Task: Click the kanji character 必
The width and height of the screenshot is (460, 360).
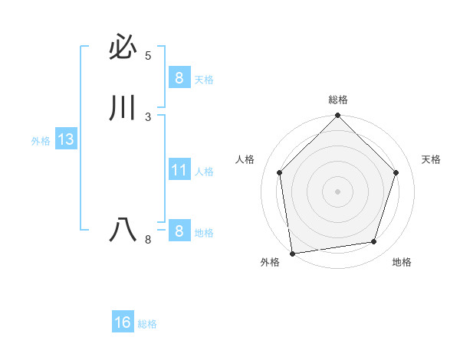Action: click(x=123, y=48)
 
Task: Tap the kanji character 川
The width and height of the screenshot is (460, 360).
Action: click(x=123, y=109)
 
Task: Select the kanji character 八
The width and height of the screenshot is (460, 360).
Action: click(x=123, y=230)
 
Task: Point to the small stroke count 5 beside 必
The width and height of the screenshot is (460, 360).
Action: click(x=148, y=56)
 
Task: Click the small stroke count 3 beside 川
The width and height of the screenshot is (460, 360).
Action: click(x=148, y=116)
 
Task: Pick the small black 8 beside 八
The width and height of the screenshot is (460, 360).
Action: click(x=148, y=240)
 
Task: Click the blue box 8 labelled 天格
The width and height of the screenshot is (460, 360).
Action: click(x=179, y=77)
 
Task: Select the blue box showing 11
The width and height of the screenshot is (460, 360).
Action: click(x=179, y=169)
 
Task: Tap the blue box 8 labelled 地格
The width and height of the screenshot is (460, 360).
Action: click(x=179, y=231)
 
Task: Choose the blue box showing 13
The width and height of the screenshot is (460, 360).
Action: click(x=65, y=139)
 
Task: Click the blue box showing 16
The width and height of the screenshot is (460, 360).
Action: click(x=123, y=322)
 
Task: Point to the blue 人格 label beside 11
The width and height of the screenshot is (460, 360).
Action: click(x=204, y=172)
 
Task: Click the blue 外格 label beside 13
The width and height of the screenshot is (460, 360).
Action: click(x=41, y=141)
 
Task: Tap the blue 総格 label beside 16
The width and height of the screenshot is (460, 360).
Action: click(x=147, y=324)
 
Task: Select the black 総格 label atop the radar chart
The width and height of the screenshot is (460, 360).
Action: click(x=338, y=100)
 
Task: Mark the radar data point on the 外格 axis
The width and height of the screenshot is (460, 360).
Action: click(x=292, y=253)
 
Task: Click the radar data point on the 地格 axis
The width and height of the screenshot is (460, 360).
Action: click(x=374, y=241)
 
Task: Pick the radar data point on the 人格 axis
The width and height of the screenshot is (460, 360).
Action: click(x=279, y=172)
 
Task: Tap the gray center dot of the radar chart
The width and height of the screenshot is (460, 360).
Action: click(x=337, y=191)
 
